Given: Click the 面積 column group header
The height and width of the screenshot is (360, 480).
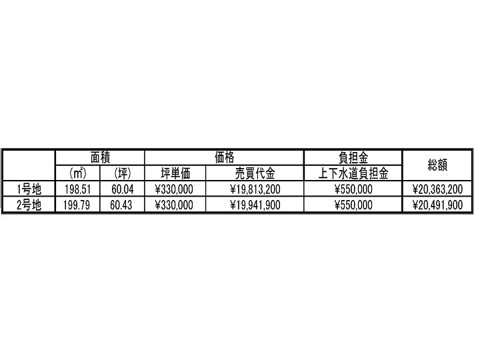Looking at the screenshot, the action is (x=100, y=157).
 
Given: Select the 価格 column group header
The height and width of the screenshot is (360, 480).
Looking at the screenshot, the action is (x=224, y=157).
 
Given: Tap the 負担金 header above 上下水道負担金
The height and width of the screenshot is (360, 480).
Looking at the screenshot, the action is (x=353, y=157).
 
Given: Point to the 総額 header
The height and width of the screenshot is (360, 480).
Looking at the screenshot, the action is (x=437, y=165).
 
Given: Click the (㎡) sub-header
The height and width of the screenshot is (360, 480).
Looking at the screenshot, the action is (x=78, y=173).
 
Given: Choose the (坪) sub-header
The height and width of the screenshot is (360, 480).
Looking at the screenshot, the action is (x=123, y=173).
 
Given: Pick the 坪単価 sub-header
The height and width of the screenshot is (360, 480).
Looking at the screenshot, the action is (x=175, y=173).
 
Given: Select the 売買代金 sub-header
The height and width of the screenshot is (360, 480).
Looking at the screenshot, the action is (x=255, y=173).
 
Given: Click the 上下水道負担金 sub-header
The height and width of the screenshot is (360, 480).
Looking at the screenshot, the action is (x=353, y=173).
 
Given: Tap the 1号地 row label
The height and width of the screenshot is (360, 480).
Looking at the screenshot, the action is (x=29, y=189).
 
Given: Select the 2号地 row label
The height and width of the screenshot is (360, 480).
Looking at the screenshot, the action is (x=29, y=205).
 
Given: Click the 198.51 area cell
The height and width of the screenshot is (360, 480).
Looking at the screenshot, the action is (x=78, y=189).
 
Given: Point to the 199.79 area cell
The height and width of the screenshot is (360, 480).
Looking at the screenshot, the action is (x=77, y=205).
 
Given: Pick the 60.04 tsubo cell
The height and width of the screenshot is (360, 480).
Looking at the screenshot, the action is (x=123, y=189).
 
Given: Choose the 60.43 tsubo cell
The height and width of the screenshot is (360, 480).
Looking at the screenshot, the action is (x=121, y=205).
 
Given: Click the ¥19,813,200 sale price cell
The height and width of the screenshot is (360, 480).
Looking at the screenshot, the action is (x=255, y=189).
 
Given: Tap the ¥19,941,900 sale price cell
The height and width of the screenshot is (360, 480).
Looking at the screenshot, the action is (x=255, y=205).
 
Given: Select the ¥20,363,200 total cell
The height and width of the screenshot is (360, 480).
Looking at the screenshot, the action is (x=437, y=189).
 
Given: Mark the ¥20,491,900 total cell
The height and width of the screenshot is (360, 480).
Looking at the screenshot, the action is (x=437, y=205).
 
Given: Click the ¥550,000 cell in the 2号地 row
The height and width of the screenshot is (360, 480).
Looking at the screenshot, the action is (x=353, y=205).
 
